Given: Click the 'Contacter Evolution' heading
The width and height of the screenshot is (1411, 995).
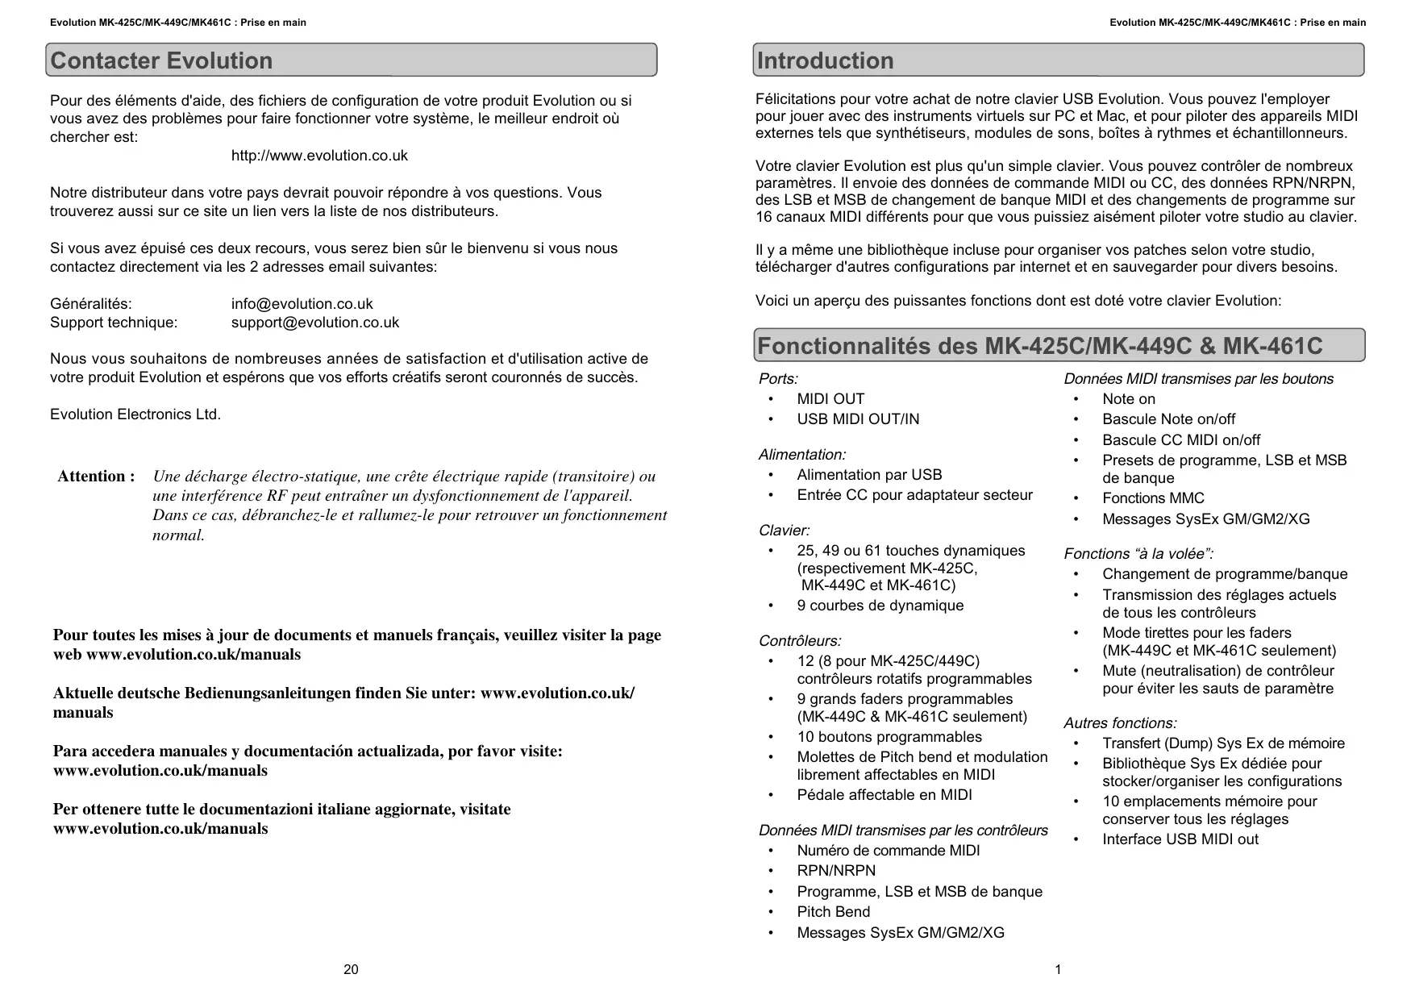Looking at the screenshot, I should [x=161, y=60].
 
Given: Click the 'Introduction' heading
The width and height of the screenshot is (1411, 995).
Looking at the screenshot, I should [x=825, y=60].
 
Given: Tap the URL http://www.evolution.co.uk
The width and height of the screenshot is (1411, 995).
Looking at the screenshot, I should [x=319, y=156].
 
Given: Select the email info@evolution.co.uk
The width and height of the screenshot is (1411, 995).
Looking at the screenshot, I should [x=302, y=304].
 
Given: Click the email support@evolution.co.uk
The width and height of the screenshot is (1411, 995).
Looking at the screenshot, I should [x=314, y=323].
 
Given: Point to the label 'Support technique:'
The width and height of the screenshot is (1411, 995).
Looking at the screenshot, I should [x=114, y=323].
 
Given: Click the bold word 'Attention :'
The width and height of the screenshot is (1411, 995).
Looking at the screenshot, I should [x=96, y=477].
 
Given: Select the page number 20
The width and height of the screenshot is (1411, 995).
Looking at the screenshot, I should [x=351, y=969].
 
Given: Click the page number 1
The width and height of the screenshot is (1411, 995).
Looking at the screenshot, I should [x=1058, y=969].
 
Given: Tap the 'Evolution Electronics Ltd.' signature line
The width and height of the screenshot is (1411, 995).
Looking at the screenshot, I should [x=135, y=414].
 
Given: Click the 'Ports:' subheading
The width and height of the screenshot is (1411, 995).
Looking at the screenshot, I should [x=778, y=379].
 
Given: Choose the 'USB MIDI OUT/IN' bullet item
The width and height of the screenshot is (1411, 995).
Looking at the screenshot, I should [x=858, y=419].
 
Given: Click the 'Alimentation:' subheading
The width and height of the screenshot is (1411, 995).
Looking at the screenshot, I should [x=802, y=455].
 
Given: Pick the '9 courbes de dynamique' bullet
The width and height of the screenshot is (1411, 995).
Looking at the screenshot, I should [x=880, y=606].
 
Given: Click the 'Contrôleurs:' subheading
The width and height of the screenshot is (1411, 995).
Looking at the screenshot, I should [x=800, y=641].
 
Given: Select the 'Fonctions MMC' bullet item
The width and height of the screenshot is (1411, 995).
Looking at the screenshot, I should [x=1153, y=498].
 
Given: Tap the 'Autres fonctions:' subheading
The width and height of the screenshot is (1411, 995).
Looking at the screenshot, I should [x=1120, y=723].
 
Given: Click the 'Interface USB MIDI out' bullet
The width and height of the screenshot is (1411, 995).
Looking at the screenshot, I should [x=1180, y=839].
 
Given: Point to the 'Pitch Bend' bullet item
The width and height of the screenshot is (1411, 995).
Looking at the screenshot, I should [x=834, y=912].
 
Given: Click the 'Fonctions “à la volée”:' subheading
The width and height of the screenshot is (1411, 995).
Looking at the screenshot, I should [x=1138, y=554].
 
